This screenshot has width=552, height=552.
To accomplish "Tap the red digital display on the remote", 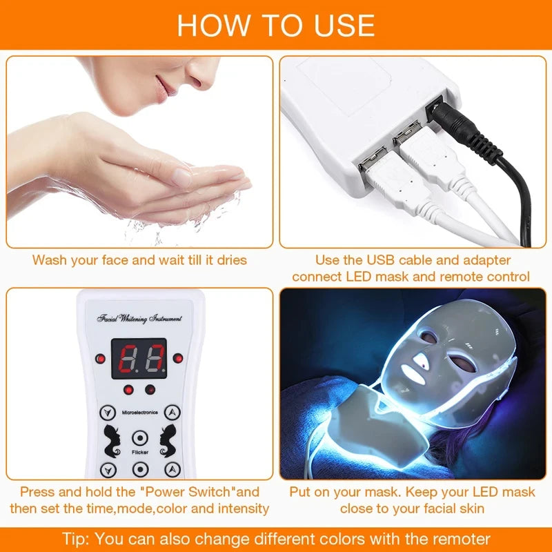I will [x=143, y=357].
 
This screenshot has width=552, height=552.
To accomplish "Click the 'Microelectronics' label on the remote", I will [x=140, y=412].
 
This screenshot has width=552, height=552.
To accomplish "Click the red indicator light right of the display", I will [x=179, y=358].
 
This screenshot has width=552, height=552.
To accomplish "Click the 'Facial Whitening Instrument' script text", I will [x=140, y=319].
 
